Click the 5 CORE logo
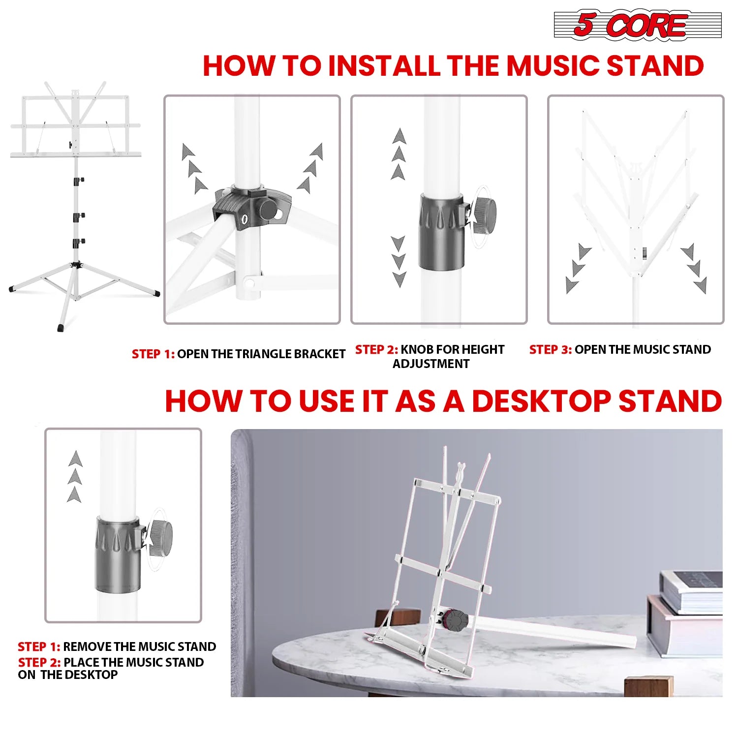637,25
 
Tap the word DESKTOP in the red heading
541,401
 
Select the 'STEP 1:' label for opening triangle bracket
153,354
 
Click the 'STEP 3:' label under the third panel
550,350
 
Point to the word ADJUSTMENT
431,364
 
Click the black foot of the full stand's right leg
156,293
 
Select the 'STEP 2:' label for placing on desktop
39,663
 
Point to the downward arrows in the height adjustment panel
398,261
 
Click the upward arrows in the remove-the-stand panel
75,477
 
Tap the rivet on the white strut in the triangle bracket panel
249,283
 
